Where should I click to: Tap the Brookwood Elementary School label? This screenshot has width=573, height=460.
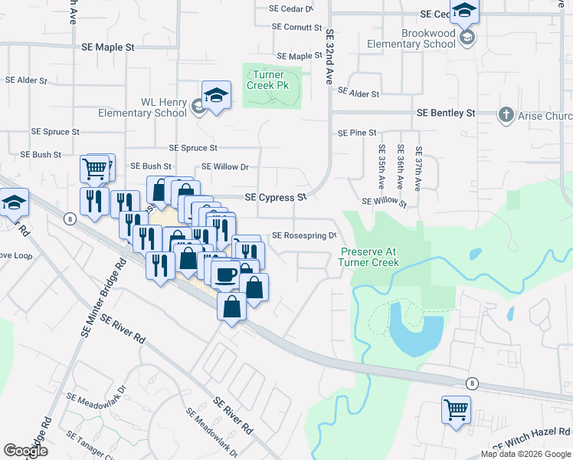(433, 39)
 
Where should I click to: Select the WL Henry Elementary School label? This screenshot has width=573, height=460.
(142, 107)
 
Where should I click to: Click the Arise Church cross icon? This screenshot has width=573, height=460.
(506, 115)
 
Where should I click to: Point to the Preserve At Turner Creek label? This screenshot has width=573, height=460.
(370, 257)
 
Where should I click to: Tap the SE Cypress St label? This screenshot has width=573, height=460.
(275, 197)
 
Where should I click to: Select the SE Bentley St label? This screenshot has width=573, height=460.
(446, 113)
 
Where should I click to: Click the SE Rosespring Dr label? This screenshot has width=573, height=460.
(304, 236)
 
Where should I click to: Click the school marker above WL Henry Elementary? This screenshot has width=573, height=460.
(217, 96)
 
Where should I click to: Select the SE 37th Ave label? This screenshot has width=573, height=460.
(418, 169)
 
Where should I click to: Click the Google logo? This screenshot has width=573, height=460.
(25, 451)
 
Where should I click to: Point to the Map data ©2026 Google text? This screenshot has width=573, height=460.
(525, 454)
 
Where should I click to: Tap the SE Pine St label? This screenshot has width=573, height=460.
(358, 133)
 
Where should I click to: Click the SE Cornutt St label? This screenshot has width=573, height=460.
(296, 27)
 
